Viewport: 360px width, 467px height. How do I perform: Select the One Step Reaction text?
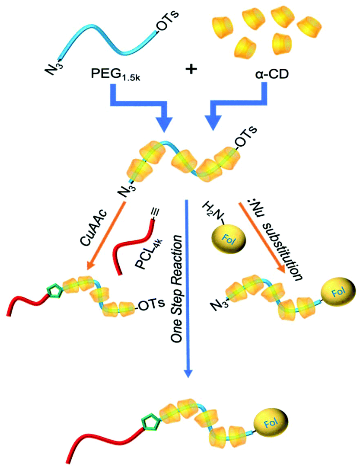click(x=177, y=298)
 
